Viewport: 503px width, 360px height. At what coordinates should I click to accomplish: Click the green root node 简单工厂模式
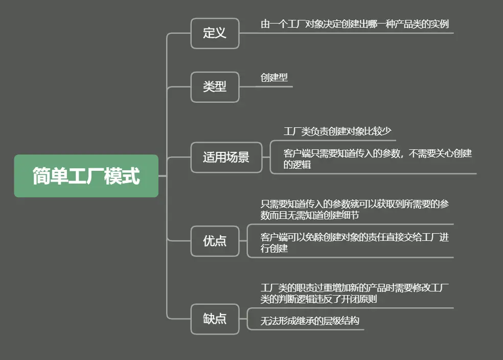click(x=86, y=176)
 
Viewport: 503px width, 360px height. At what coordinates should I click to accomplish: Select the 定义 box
click(x=215, y=33)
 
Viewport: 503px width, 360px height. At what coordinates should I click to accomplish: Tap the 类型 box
click(x=215, y=87)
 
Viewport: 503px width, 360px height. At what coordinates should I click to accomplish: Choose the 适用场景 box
click(x=226, y=157)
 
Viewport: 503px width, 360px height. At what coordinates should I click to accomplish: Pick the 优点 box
click(x=215, y=241)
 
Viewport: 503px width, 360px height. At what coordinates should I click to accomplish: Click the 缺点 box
click(x=215, y=319)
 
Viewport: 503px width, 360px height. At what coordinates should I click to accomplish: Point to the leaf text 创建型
click(x=274, y=78)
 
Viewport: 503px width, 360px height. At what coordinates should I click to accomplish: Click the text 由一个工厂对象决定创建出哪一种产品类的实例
click(x=355, y=24)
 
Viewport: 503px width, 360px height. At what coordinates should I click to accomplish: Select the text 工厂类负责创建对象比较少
click(x=337, y=131)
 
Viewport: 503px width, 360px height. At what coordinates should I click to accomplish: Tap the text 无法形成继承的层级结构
click(x=310, y=321)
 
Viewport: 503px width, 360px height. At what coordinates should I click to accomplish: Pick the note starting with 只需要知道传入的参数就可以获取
click(x=355, y=210)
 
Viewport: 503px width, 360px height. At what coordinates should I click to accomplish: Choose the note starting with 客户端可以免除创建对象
click(x=355, y=243)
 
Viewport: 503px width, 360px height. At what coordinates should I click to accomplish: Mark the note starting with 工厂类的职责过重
click(x=355, y=293)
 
